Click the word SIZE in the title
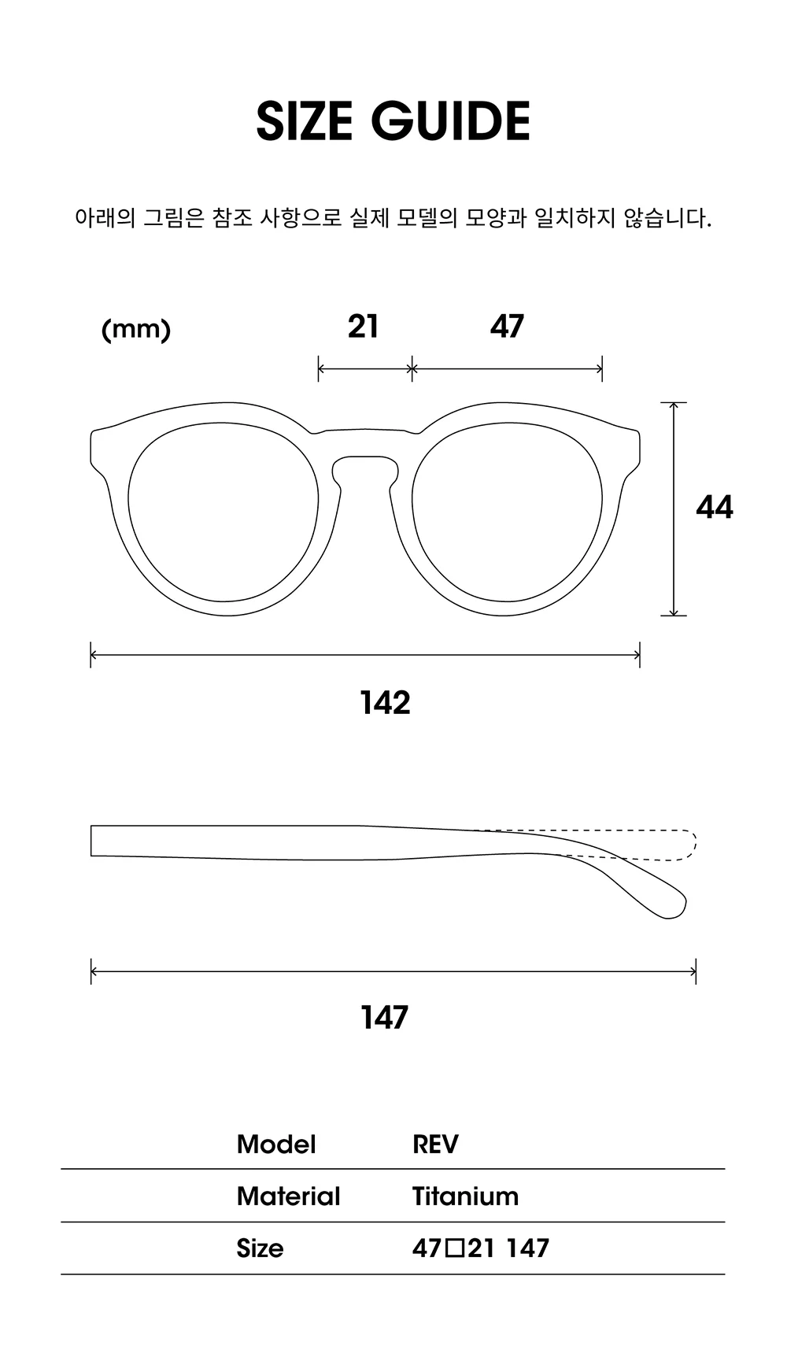pyautogui.click(x=304, y=121)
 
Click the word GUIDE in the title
pyautogui.click(x=451, y=121)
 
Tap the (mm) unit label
pyautogui.click(x=136, y=329)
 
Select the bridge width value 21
pyautogui.click(x=363, y=326)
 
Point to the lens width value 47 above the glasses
pyautogui.click(x=507, y=326)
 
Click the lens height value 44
pyautogui.click(x=715, y=507)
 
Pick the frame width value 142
pyautogui.click(x=386, y=703)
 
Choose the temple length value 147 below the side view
pyautogui.click(x=385, y=1018)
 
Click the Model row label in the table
pyautogui.click(x=276, y=1145)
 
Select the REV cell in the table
pyautogui.click(x=435, y=1145)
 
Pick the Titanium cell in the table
pyautogui.click(x=465, y=1196)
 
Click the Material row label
pyautogui.click(x=289, y=1196)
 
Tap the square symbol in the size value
pyautogui.click(x=456, y=1248)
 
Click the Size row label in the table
pyautogui.click(x=260, y=1248)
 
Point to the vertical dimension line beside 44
pyautogui.click(x=674, y=509)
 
